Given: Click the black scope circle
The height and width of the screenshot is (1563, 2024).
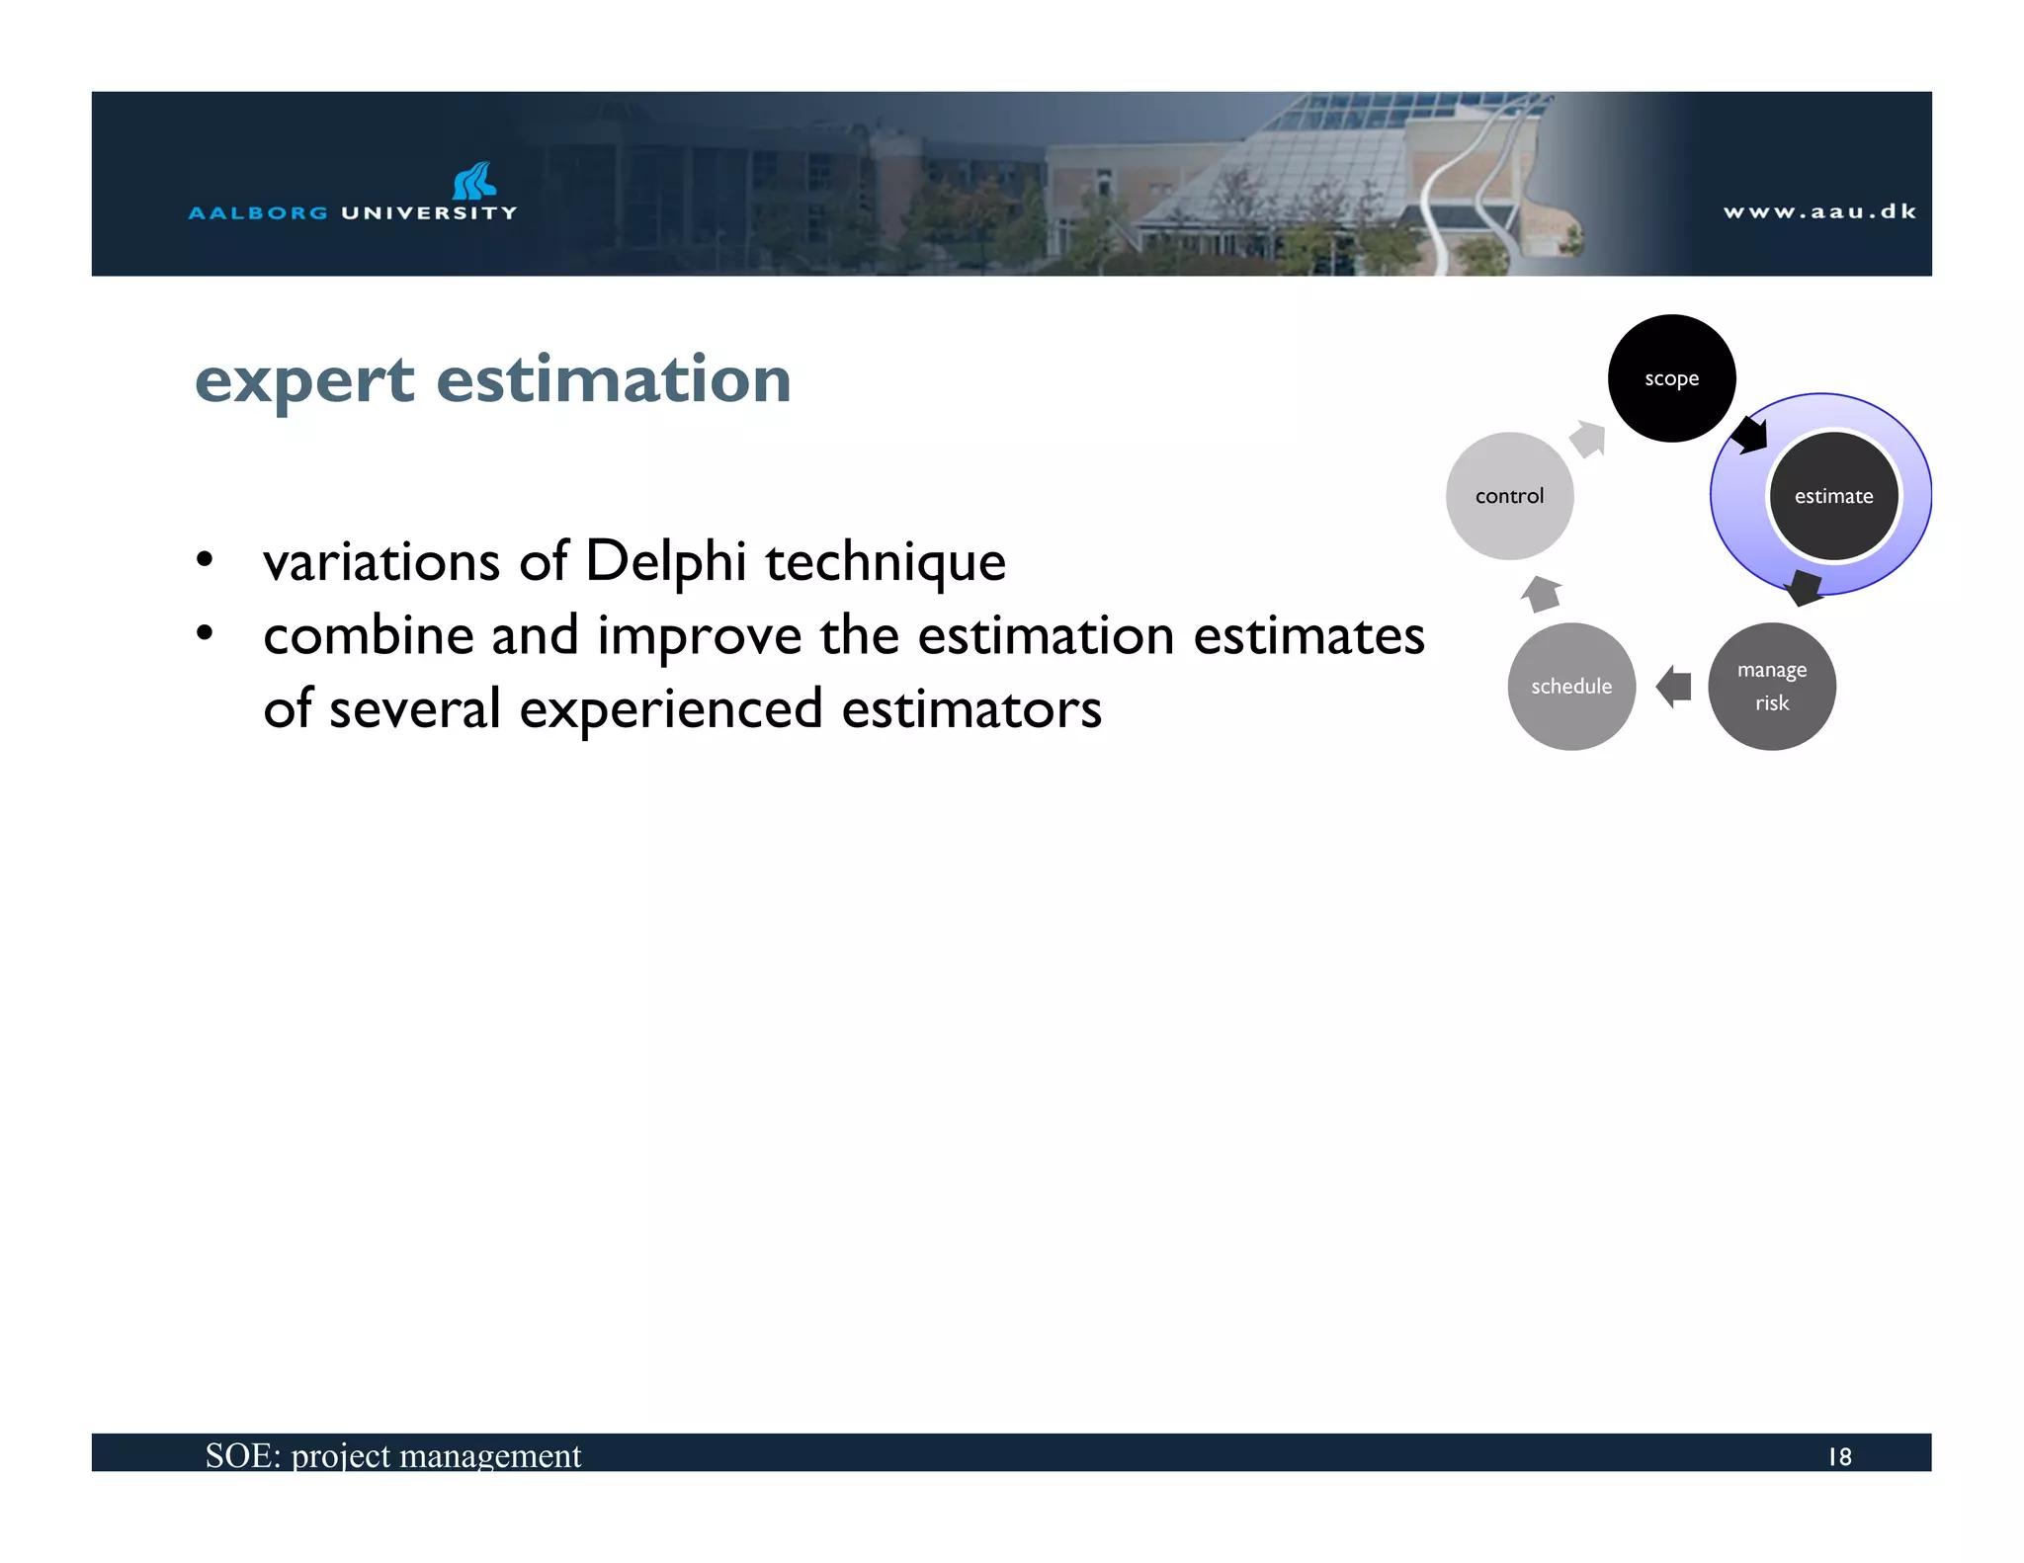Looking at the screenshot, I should pos(1671,378).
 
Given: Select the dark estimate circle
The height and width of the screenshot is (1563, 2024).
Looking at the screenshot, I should pos(1833,496).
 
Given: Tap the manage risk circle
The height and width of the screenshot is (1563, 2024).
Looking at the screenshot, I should pos(1771,687).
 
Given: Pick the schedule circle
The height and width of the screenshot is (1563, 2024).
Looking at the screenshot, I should pos(1571,687).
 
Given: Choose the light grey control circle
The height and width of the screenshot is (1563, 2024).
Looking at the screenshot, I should pos(1509,496).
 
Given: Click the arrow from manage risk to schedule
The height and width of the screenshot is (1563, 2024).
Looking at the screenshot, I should pos(1673,687).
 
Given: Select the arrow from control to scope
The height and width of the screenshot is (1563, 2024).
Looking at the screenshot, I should pos(1589,438).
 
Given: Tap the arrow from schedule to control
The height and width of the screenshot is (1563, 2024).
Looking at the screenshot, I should pos(1541,594).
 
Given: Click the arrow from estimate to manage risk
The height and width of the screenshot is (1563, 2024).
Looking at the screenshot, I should pos(1805,588).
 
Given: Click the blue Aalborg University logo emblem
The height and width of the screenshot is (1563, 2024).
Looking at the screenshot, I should pos(474,181).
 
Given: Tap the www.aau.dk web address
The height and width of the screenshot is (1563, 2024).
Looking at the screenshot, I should pos(1819,211).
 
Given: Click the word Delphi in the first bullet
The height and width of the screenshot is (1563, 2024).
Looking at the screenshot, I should pos(665,561).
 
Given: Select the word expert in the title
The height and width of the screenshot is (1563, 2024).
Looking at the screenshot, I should pos(304,380).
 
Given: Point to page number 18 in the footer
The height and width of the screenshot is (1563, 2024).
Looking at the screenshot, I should pos(1839,1457).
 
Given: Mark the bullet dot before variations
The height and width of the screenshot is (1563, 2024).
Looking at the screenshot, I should pos(205,560).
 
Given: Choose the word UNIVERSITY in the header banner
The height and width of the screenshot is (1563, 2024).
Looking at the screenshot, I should pos(429,212).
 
